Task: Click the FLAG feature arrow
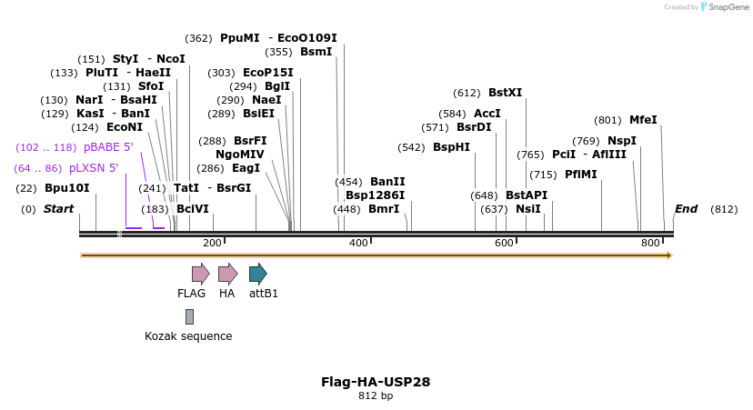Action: [200, 274]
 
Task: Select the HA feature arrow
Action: [227, 274]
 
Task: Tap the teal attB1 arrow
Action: [257, 274]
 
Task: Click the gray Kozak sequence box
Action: [189, 316]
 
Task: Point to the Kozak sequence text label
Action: [188, 336]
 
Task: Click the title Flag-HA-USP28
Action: [376, 382]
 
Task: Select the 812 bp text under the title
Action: [376, 395]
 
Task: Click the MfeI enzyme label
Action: [643, 120]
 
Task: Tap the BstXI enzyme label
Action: [506, 93]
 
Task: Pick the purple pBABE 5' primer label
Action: [108, 147]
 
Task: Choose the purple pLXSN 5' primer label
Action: [94, 168]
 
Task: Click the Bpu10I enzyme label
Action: [67, 189]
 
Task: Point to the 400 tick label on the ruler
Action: [358, 243]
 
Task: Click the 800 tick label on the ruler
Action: [650, 243]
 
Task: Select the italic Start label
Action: [59, 209]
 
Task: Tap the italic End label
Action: [686, 209]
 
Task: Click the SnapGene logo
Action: [723, 7]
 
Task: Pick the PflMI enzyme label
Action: [581, 175]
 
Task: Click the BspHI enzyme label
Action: [451, 147]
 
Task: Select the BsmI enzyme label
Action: [316, 52]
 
